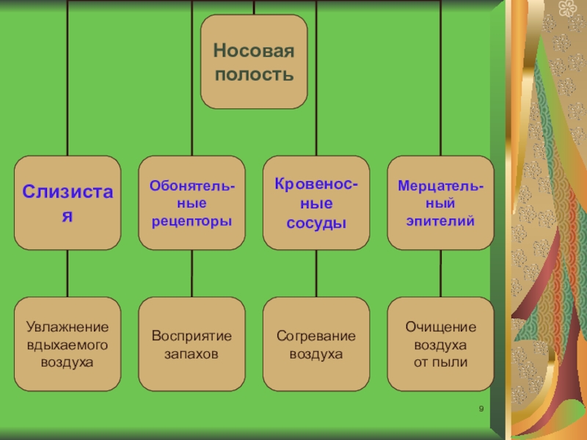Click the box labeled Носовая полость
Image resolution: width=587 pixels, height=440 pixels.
point(254,62)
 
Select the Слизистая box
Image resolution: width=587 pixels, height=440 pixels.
point(68,203)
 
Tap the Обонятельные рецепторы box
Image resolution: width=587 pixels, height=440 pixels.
point(192,203)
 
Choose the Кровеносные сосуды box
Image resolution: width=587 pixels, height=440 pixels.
point(316,203)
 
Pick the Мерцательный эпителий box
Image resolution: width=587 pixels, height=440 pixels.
point(441,203)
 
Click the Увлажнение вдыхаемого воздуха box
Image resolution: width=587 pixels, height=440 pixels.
point(68,343)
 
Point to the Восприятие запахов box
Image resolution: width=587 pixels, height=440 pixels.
point(192,343)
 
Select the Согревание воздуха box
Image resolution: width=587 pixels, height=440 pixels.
point(316,343)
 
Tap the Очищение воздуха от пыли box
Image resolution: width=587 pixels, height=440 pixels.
point(441,343)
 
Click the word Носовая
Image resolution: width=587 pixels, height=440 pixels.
point(254,51)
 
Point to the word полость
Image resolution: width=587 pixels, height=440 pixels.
point(254,74)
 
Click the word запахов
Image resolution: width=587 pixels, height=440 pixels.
point(192,354)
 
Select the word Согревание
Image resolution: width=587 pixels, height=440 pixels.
point(316,336)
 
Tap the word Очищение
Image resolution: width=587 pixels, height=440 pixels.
point(441,326)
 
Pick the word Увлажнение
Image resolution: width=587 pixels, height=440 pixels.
point(68,326)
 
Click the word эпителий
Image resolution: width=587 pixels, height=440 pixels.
point(441,220)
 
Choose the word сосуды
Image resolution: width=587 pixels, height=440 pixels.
point(316,222)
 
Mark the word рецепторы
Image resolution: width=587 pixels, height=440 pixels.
point(192,220)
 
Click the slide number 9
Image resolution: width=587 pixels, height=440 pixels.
point(481,409)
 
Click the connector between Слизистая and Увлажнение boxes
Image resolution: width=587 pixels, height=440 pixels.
point(68,273)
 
